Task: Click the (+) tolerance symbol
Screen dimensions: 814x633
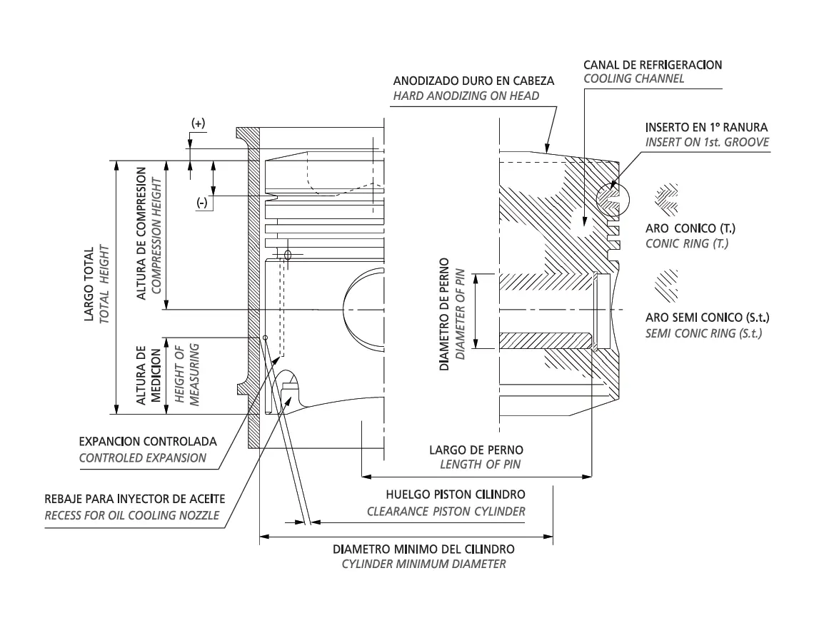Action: [x=199, y=123]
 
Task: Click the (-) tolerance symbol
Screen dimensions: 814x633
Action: [x=202, y=203]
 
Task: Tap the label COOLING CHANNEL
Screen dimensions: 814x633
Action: [x=633, y=79]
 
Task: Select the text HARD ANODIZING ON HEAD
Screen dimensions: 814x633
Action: [x=466, y=96]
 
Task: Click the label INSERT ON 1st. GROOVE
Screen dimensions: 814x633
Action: [x=707, y=142]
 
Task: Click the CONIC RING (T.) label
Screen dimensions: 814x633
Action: [x=687, y=244]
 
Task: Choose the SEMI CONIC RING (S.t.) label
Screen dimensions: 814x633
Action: [x=703, y=333]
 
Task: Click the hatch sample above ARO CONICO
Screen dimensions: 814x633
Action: [x=666, y=199]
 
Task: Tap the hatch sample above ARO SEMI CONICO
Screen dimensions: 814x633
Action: [x=666, y=285]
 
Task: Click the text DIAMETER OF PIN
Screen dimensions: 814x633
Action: [x=460, y=315]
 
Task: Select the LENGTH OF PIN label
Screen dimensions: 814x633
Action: [x=481, y=465]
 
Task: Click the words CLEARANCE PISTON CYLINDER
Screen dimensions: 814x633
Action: [x=446, y=512]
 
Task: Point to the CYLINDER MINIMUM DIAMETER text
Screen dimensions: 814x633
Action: [x=423, y=564]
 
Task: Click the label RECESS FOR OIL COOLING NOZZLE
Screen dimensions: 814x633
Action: [x=132, y=516]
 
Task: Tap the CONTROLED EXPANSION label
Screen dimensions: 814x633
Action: [x=143, y=458]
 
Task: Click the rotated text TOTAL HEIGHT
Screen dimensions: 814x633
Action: [x=104, y=284]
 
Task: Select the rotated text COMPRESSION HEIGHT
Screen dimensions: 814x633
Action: [x=156, y=236]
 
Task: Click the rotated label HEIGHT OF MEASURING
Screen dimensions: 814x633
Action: [x=187, y=374]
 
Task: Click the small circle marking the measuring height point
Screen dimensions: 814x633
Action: [x=266, y=338]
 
